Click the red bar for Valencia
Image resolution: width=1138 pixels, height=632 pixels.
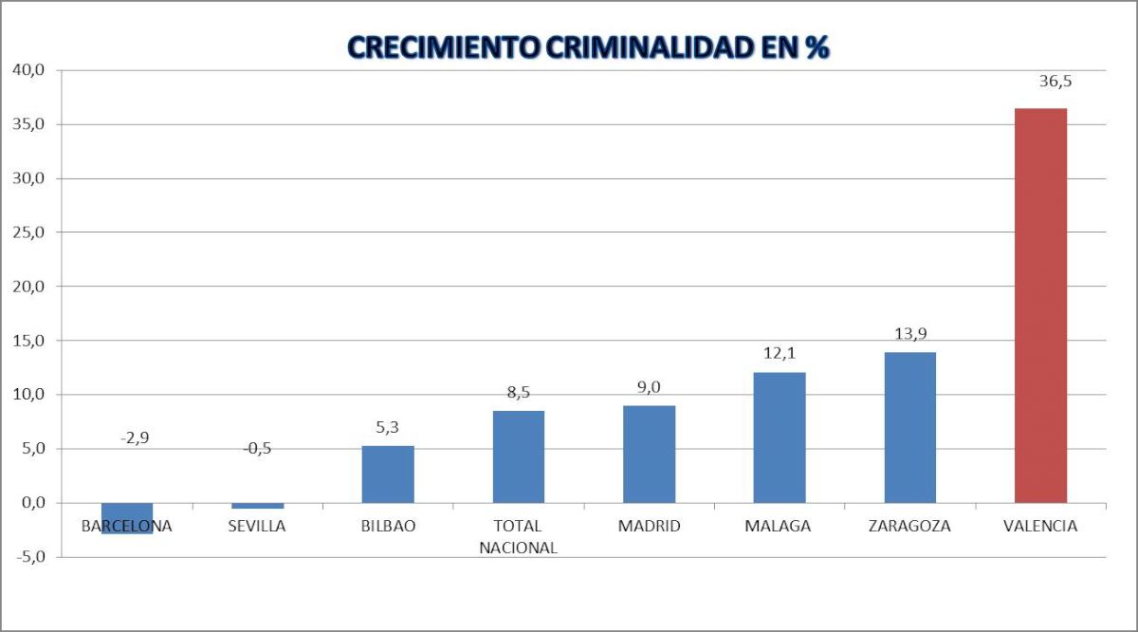[x=1040, y=305]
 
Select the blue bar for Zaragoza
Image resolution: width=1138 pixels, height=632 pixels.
[x=909, y=427]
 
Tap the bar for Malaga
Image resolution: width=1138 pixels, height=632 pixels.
[x=780, y=437]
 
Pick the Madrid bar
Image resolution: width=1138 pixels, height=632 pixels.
[x=649, y=454]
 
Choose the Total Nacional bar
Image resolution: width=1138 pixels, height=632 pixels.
[x=519, y=456]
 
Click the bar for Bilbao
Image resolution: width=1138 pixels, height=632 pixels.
[x=388, y=474]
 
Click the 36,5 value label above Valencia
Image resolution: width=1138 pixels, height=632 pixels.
[x=1055, y=82]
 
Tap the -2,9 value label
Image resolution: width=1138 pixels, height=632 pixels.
[x=135, y=438]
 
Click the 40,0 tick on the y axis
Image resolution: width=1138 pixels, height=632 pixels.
[x=28, y=70]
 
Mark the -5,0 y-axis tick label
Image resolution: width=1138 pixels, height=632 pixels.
[x=28, y=557]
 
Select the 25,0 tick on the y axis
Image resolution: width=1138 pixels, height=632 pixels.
[x=28, y=232]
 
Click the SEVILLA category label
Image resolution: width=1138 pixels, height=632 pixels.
[x=257, y=526]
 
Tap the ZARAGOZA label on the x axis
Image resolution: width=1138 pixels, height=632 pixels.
[x=909, y=526]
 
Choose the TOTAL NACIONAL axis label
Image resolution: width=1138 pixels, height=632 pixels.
[x=518, y=536]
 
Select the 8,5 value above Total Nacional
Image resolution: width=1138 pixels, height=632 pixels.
[x=519, y=392]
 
